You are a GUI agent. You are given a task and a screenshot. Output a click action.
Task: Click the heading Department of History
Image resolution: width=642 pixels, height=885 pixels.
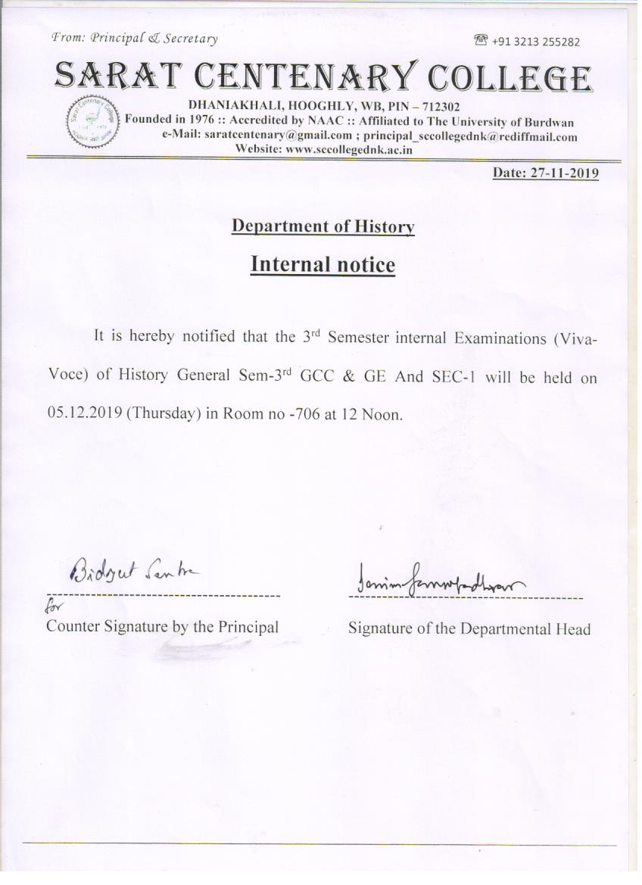tap(323, 226)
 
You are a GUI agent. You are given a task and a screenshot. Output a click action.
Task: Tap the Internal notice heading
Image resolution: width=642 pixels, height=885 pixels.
tap(323, 265)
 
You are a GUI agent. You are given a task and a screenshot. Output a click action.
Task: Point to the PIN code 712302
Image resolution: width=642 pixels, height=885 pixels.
tap(440, 108)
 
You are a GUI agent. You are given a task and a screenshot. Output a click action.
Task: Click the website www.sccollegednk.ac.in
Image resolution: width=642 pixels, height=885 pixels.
tap(347, 149)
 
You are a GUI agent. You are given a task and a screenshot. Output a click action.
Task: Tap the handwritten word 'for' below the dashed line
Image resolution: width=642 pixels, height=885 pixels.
tap(55, 608)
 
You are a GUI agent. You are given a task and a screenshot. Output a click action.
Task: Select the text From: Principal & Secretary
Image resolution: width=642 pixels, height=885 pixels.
tap(134, 39)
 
